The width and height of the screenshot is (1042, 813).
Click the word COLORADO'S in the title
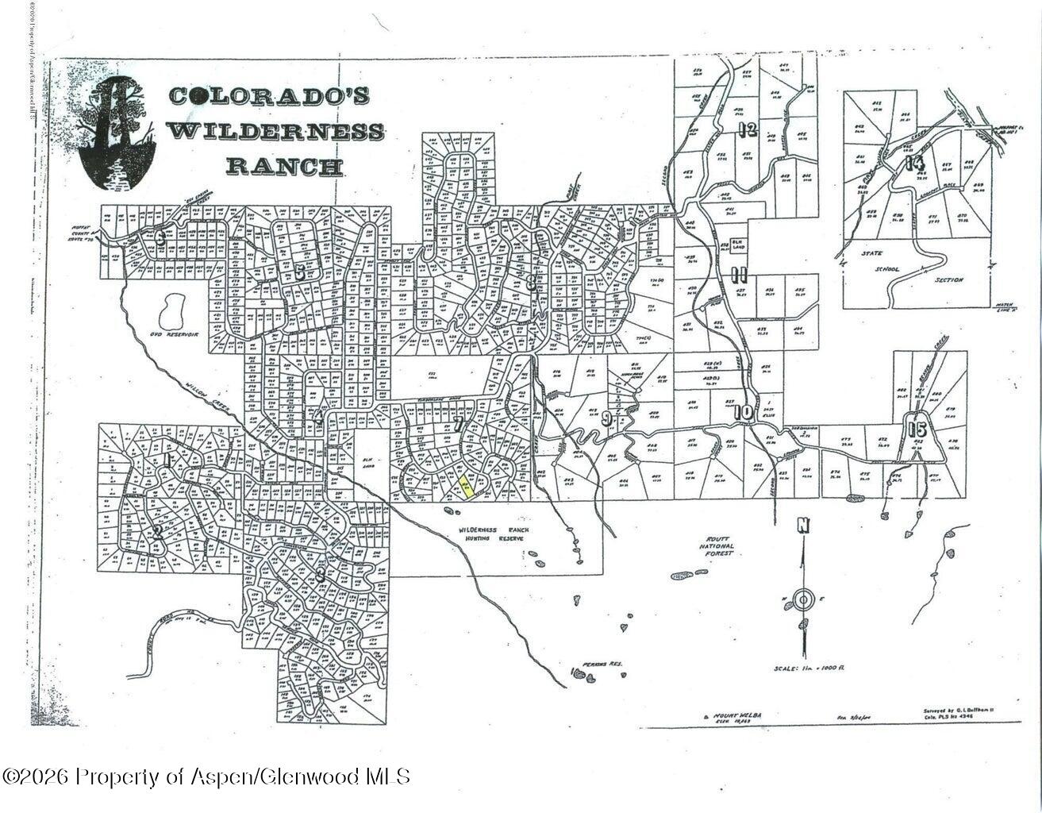click(x=269, y=96)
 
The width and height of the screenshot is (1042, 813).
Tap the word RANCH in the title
click(x=284, y=167)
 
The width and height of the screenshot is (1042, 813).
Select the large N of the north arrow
click(x=803, y=526)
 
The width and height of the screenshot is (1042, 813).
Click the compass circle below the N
click(x=803, y=599)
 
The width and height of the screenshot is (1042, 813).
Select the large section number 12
click(x=746, y=130)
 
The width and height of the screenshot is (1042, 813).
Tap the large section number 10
click(x=744, y=412)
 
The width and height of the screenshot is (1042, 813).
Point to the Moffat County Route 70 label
click(x=82, y=233)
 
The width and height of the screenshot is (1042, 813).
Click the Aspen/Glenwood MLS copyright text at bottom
click(x=206, y=776)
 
